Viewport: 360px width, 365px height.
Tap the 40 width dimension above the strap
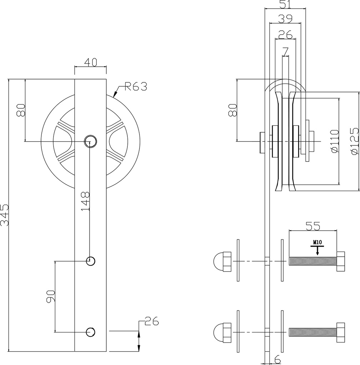pyautogui.click(x=91, y=62)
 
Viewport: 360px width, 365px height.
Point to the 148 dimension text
pyautogui.click(x=85, y=201)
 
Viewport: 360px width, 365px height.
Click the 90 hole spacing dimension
pyautogui.click(x=51, y=297)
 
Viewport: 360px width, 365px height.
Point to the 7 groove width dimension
pyautogui.click(x=285, y=52)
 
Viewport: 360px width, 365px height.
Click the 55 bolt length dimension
pyautogui.click(x=313, y=226)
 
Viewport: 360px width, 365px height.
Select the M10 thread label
pyautogui.click(x=318, y=242)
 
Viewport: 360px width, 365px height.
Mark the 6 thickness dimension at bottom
pyautogui.click(x=277, y=360)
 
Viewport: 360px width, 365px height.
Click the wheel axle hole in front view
pyautogui.click(x=90, y=141)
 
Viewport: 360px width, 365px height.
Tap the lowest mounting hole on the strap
pyautogui.click(x=91, y=332)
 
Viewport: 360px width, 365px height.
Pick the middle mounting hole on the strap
pyautogui.click(x=91, y=261)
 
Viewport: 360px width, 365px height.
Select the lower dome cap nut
pyautogui.click(x=222, y=332)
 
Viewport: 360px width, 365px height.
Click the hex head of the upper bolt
pyautogui.click(x=340, y=261)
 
